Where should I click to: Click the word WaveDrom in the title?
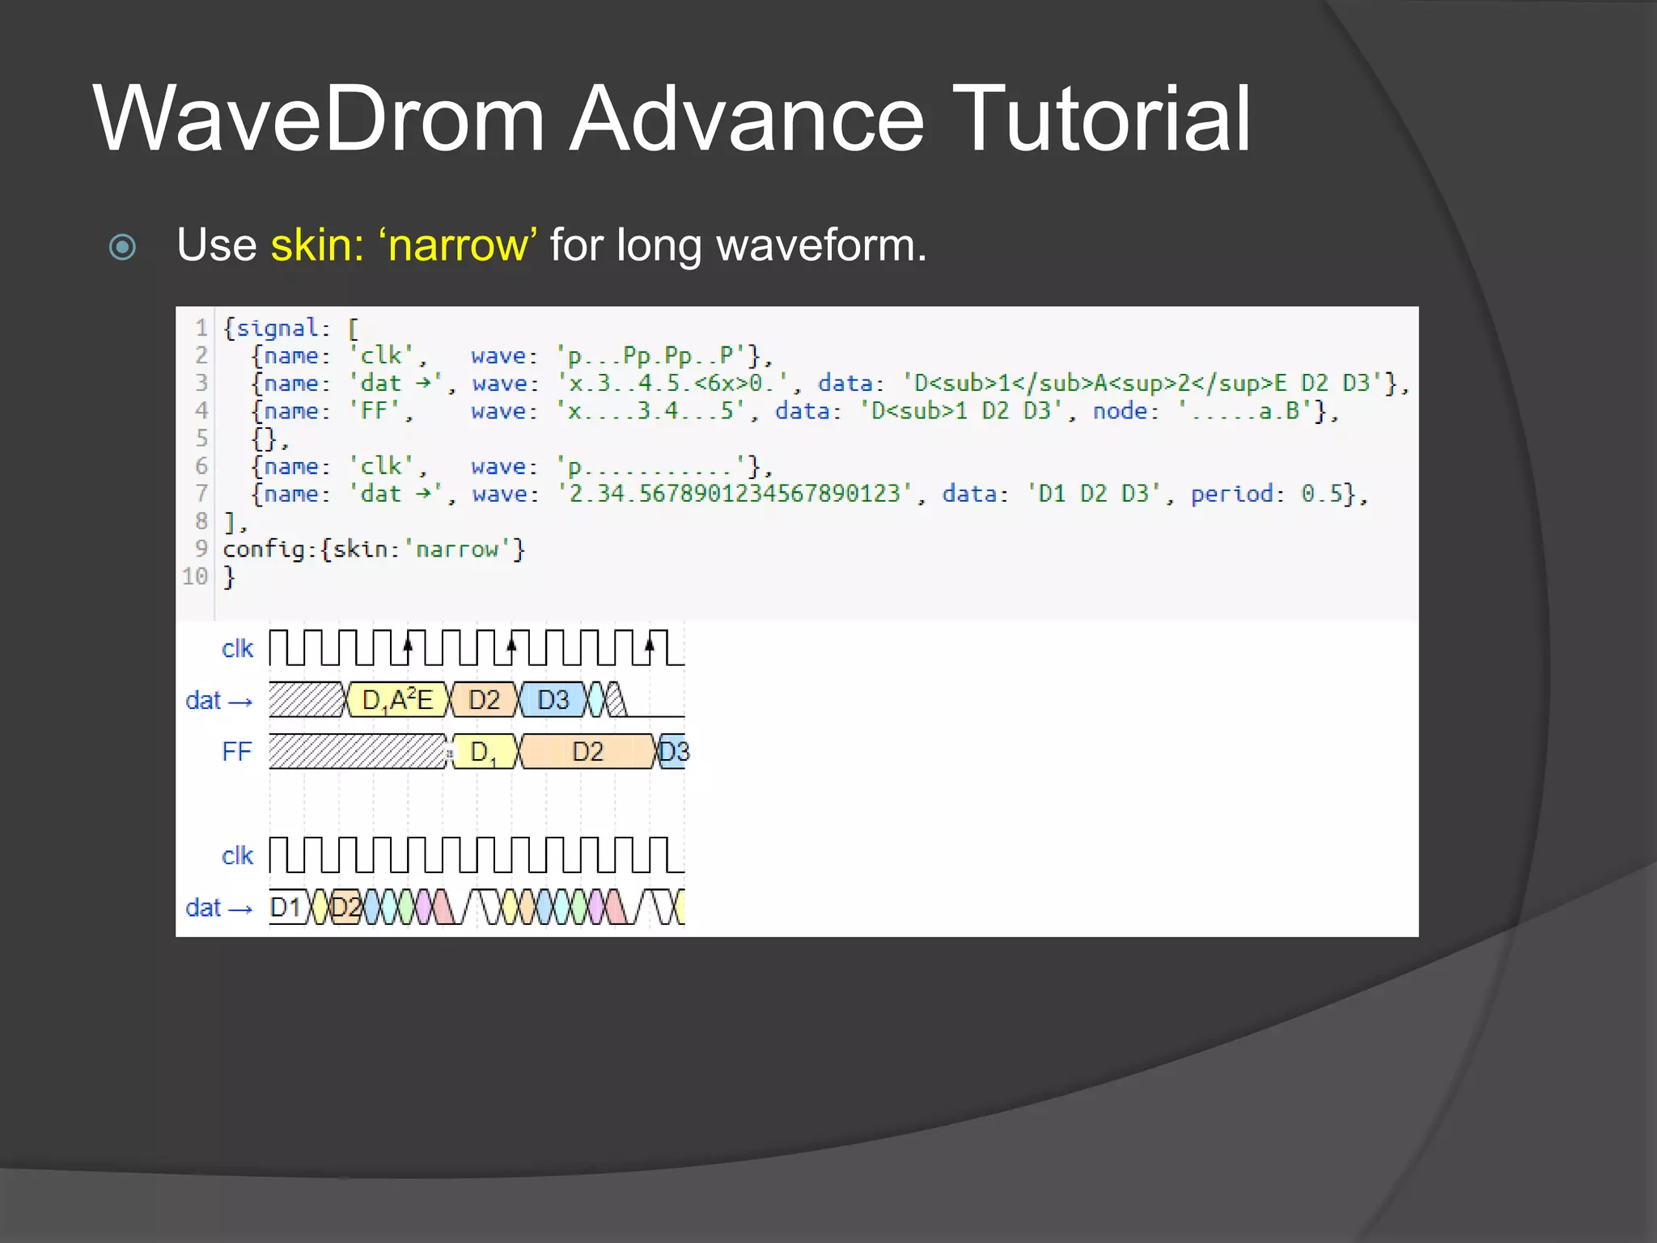[x=320, y=119]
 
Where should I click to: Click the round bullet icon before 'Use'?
[x=122, y=247]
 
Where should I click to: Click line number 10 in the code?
[x=195, y=577]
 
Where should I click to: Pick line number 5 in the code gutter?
[x=201, y=439]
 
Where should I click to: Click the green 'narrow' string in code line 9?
[x=457, y=549]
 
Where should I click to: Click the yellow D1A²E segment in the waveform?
[x=396, y=700]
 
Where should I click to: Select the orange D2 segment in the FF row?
[x=587, y=752]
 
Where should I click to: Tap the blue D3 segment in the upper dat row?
[x=553, y=700]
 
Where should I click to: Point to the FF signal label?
[x=236, y=752]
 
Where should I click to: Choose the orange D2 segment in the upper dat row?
[x=484, y=700]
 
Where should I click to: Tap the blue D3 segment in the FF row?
[x=673, y=752]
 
